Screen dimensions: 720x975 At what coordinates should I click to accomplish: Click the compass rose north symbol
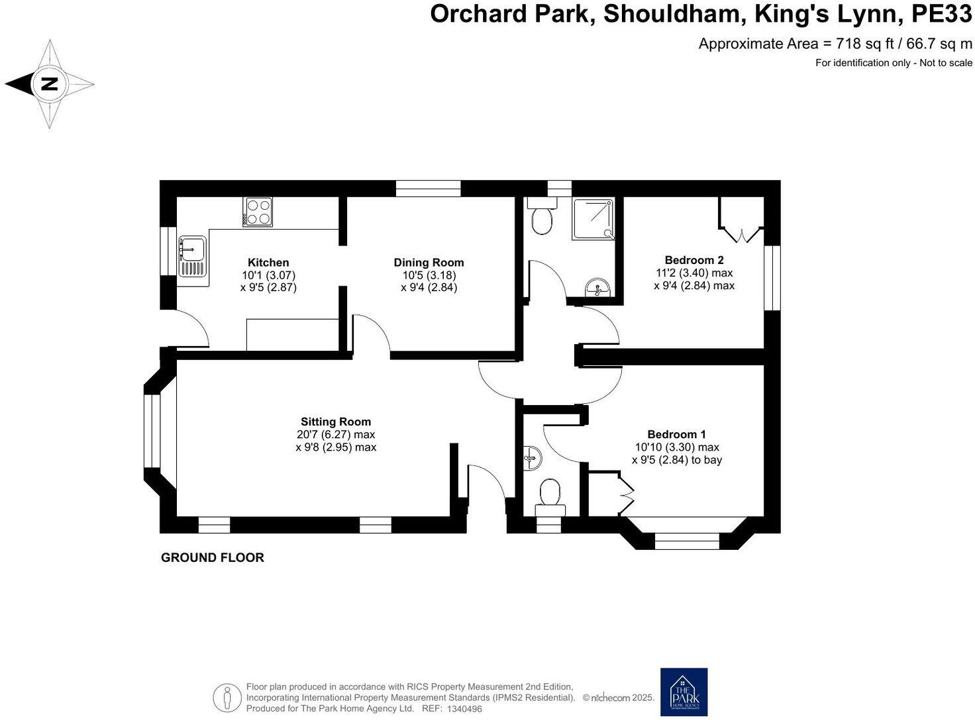pos(50,84)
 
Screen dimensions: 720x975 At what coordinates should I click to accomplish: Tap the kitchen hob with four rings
pos(258,212)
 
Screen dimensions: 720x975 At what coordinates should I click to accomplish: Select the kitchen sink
pos(193,256)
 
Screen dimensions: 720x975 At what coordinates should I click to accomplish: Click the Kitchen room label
pos(268,263)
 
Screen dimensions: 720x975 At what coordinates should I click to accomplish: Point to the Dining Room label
pos(429,263)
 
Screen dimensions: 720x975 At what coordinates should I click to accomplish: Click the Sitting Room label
pos(336,422)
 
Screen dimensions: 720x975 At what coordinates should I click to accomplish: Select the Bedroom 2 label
pos(694,260)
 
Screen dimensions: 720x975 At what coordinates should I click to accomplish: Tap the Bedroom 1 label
pos(676,434)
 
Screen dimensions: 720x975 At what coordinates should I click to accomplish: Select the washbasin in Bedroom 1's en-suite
pos(532,457)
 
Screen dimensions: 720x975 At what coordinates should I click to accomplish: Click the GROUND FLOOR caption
pos(213,558)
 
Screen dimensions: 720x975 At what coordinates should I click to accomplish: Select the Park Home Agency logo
pos(684,692)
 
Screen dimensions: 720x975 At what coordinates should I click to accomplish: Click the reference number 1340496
pos(465,709)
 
